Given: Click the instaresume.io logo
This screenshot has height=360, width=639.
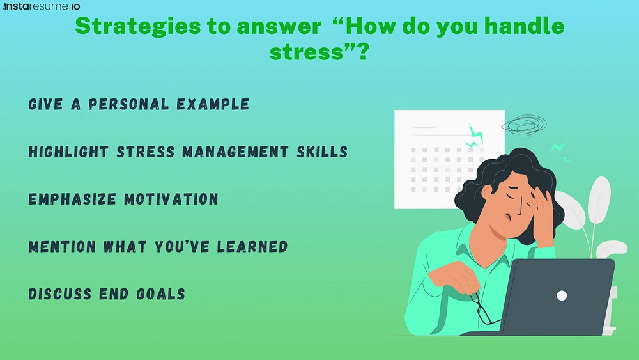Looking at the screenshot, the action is pos(42,6).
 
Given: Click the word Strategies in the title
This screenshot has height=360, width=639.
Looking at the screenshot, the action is pos(138,26).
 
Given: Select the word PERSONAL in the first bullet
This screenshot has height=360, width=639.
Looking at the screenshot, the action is pos(128,104).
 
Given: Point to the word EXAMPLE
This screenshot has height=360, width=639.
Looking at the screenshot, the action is pos(213,104).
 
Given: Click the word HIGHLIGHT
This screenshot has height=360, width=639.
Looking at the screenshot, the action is pos(68,152).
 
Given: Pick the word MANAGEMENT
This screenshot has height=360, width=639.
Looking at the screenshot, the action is pos(236,152).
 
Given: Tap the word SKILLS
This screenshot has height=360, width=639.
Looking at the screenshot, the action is pos(322,152).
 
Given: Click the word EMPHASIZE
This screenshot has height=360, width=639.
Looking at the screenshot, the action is pos(72,200).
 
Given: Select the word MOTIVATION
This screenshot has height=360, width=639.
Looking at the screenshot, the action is pos(171,200).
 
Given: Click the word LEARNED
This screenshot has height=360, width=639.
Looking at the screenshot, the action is pos(252,247).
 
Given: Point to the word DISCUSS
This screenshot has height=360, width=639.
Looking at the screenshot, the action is pos(59,294).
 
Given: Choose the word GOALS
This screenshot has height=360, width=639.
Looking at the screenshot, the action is pos(160,294).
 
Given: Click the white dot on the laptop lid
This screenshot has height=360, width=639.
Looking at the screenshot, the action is pos(562,295).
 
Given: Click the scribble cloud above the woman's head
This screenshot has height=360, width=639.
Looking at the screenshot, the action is pos(524,125).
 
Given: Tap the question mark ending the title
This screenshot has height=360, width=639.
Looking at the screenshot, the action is pos(363,52).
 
